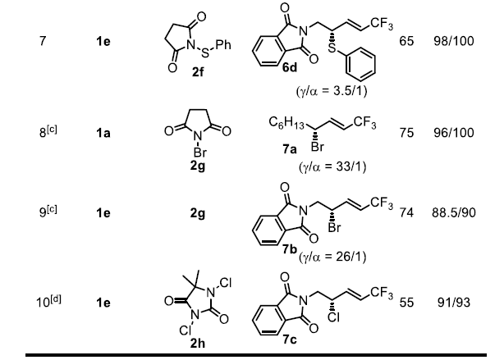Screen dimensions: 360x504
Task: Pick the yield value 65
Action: tap(405, 41)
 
